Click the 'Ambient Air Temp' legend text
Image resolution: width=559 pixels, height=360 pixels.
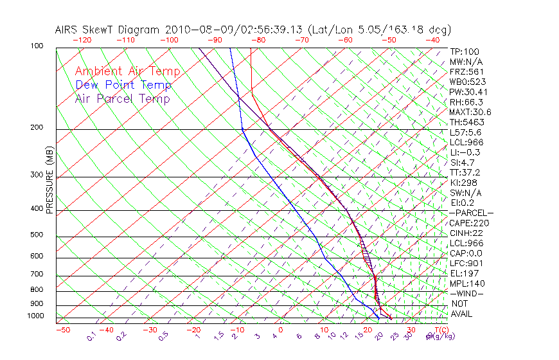click(x=127, y=71)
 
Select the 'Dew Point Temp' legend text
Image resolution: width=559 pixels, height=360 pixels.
click(x=123, y=85)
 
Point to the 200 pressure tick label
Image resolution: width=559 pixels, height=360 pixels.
click(x=37, y=128)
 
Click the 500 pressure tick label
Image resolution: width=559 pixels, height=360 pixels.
click(x=37, y=235)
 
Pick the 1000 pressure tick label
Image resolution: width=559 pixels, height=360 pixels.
click(x=35, y=316)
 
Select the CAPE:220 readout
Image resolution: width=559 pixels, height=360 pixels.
click(x=467, y=223)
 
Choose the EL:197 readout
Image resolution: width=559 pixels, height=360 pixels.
click(x=463, y=273)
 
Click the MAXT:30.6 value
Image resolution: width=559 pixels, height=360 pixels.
click(x=469, y=112)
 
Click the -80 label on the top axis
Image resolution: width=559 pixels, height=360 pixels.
click(x=258, y=40)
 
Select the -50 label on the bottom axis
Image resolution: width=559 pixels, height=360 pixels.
click(x=62, y=330)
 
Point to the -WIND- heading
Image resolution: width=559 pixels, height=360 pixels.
click(x=466, y=294)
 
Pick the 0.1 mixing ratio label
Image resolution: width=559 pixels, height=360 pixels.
click(x=91, y=336)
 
